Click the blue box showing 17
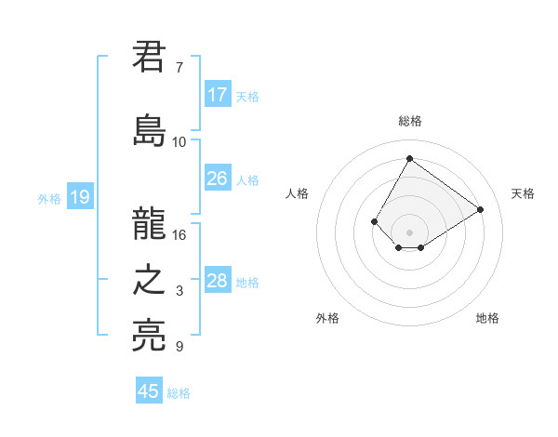point(218,95)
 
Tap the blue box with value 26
point(218,179)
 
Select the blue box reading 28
point(218,281)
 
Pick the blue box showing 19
point(79,197)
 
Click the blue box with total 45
point(149,391)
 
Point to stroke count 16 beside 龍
point(179,234)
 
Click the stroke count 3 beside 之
point(179,291)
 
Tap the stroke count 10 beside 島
point(179,141)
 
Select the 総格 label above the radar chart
point(410,121)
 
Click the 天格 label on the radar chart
point(523,193)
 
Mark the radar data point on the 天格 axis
point(481,210)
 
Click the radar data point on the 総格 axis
point(409,158)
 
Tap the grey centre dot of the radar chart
point(409,232)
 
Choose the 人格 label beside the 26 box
point(247,179)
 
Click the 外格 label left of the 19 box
point(49,198)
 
